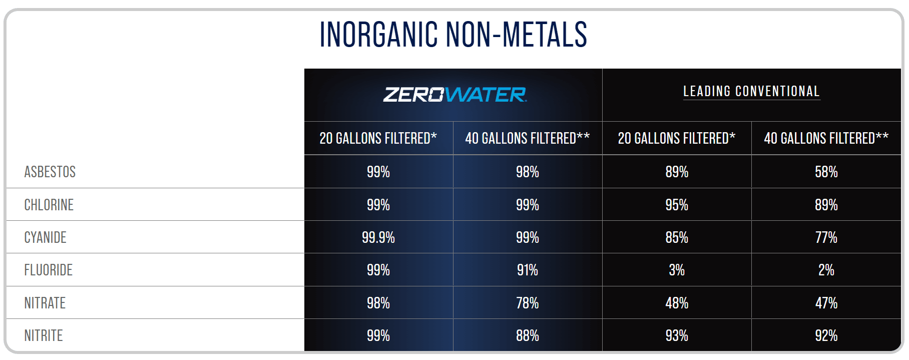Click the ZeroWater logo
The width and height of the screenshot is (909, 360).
(x=454, y=95)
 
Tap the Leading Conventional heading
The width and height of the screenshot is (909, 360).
(x=751, y=91)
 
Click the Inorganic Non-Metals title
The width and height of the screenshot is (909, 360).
(x=453, y=35)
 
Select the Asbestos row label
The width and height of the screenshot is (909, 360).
(x=50, y=172)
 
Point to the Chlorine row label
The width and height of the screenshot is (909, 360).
(x=49, y=205)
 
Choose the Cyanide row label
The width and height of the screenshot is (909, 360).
(x=46, y=237)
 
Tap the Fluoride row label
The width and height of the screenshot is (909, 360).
(x=49, y=270)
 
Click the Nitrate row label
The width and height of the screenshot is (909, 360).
(x=45, y=303)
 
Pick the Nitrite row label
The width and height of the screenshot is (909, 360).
(x=44, y=335)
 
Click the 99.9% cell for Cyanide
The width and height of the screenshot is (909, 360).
(x=378, y=237)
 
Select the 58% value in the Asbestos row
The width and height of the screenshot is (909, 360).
(x=826, y=172)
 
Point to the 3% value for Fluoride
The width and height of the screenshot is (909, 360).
(x=677, y=270)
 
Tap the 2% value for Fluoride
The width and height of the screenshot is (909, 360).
(x=826, y=270)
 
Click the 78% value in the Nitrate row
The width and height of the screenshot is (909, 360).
(x=528, y=303)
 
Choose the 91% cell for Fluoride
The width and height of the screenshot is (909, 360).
(x=528, y=270)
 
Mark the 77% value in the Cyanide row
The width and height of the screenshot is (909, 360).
(x=826, y=237)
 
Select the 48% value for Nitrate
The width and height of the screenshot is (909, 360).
(x=677, y=303)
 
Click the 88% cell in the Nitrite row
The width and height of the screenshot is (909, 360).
(x=528, y=335)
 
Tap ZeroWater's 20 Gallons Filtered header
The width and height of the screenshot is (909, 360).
(x=378, y=138)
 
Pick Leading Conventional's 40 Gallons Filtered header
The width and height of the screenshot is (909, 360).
(x=826, y=138)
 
